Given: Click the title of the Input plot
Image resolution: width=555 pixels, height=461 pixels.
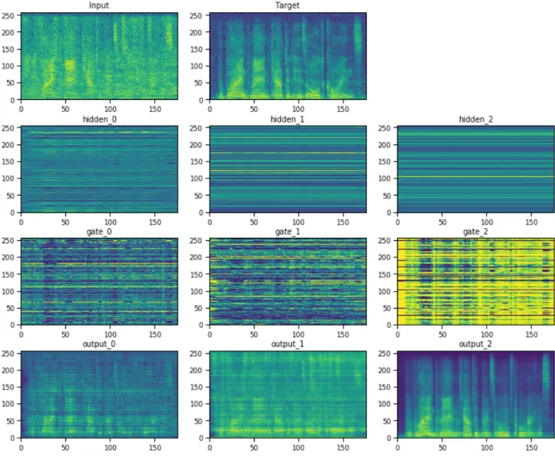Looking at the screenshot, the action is point(99,6).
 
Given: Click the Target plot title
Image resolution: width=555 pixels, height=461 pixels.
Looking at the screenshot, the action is point(287,6).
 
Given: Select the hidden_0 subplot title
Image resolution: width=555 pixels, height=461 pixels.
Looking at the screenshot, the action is point(99,119).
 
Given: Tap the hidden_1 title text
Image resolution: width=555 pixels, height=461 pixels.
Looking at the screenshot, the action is point(287,119).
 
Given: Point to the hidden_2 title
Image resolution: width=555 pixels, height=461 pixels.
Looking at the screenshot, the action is point(476,119).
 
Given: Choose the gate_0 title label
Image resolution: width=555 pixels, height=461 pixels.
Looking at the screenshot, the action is point(99,232).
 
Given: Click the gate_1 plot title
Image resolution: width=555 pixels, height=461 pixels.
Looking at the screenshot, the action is point(287,232).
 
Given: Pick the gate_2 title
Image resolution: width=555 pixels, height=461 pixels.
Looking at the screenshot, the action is point(476,232).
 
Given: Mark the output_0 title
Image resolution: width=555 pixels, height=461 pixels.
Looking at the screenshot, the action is point(99,344).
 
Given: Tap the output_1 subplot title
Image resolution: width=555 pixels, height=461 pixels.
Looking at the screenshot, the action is point(287,344).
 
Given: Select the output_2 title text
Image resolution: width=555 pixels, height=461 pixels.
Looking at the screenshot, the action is point(476,344).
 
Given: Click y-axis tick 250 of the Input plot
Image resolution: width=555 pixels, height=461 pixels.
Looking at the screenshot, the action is point(8,15).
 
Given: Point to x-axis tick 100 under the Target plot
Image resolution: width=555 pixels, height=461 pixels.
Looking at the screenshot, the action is point(298,110).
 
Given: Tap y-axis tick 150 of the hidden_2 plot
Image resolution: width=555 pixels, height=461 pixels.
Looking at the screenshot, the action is point(385,162).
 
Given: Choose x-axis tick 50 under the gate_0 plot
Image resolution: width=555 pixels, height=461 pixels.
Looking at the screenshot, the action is point(65,334).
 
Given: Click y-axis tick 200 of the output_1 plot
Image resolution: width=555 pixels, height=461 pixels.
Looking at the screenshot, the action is point(197,371).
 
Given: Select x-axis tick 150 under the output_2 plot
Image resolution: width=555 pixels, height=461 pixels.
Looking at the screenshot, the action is point(532,447).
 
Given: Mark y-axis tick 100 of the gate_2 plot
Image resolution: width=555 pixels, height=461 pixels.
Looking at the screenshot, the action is point(385,291).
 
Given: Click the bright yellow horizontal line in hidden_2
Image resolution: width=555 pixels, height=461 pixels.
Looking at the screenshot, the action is point(476,177).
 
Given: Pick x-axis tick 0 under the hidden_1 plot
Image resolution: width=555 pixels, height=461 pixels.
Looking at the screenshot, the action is point(210,222).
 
